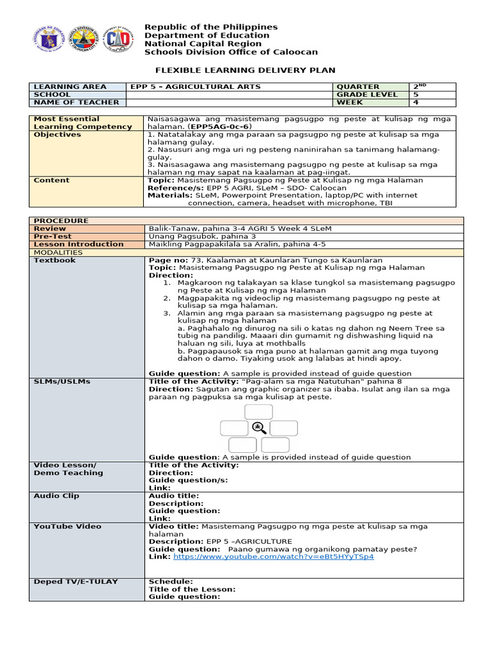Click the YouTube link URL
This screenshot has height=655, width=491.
[x=274, y=556]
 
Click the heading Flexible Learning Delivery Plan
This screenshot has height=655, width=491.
[x=246, y=70]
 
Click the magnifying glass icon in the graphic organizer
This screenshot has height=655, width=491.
[x=259, y=429]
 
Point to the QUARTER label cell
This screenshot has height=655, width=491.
[x=359, y=86]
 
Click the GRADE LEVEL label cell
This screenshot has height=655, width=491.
[x=367, y=94]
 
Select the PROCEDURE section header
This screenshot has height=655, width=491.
[x=61, y=221]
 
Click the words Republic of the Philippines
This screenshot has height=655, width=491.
[x=211, y=27]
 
